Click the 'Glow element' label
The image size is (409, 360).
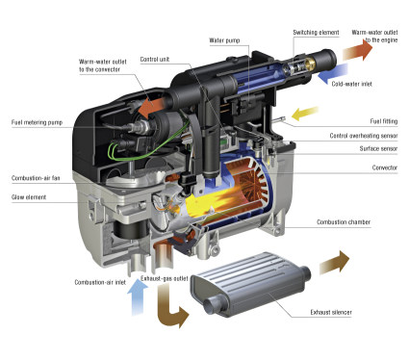point(31,197)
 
